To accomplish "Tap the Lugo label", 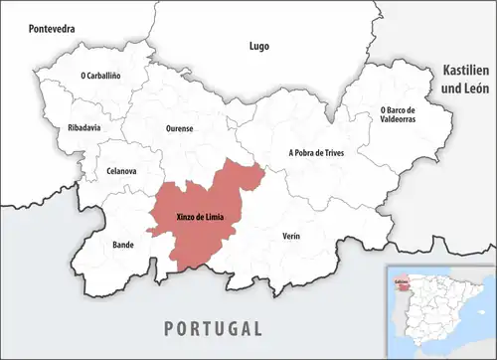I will [258, 46].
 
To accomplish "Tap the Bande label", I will [122, 244].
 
